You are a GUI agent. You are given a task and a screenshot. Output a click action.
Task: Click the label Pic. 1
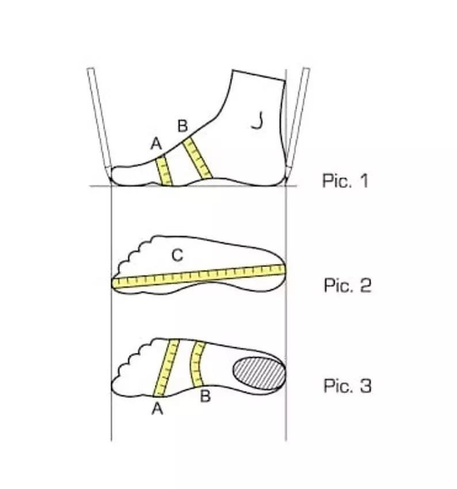click(344, 181)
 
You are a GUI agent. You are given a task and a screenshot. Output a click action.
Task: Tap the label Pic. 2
click(347, 285)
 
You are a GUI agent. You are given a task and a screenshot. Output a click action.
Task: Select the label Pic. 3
click(347, 385)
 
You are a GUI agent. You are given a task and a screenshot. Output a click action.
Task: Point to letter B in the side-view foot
click(182, 125)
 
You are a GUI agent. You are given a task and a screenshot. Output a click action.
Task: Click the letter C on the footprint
click(178, 254)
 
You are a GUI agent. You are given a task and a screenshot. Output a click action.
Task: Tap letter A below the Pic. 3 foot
click(157, 409)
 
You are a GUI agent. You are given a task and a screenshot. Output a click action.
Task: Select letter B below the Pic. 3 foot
click(204, 396)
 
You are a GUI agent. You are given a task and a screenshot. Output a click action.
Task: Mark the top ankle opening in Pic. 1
click(258, 76)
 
